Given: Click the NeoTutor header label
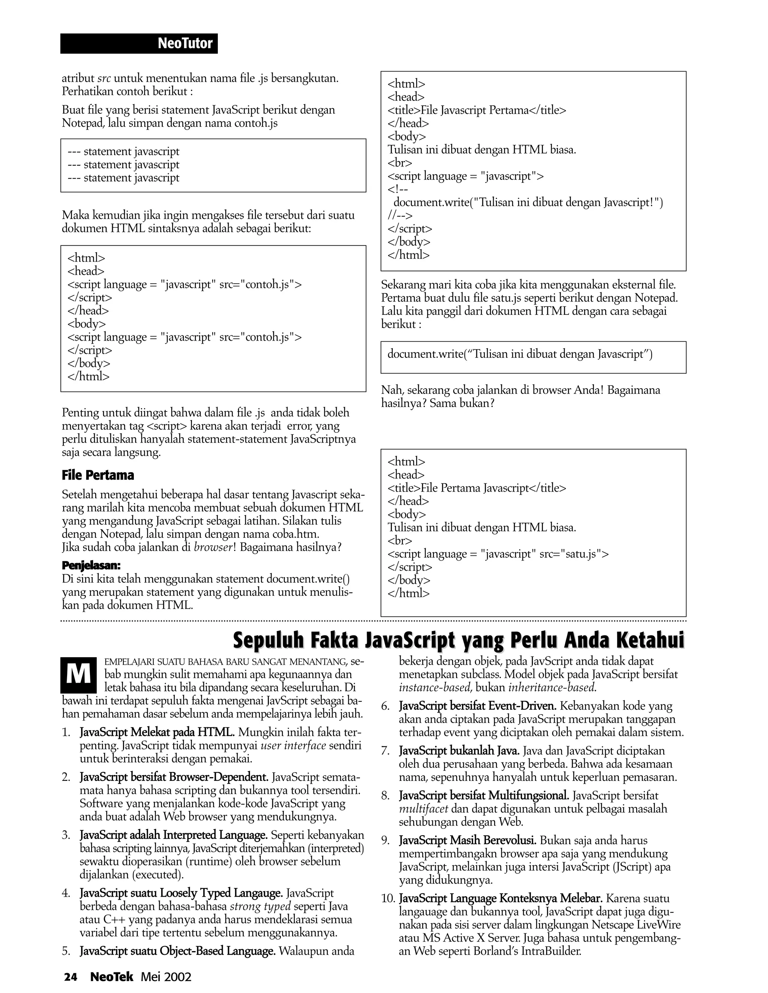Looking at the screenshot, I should [185, 43].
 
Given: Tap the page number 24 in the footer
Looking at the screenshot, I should [70, 977].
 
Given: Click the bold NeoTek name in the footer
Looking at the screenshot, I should [111, 977].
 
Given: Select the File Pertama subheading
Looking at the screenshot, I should [98, 476].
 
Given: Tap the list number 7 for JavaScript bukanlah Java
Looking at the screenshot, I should [385, 751].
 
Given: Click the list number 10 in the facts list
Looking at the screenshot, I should [388, 899].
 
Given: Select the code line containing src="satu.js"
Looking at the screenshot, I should [498, 554].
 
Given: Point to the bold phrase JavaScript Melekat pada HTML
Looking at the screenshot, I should [157, 733].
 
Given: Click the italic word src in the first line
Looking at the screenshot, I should [104, 79].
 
